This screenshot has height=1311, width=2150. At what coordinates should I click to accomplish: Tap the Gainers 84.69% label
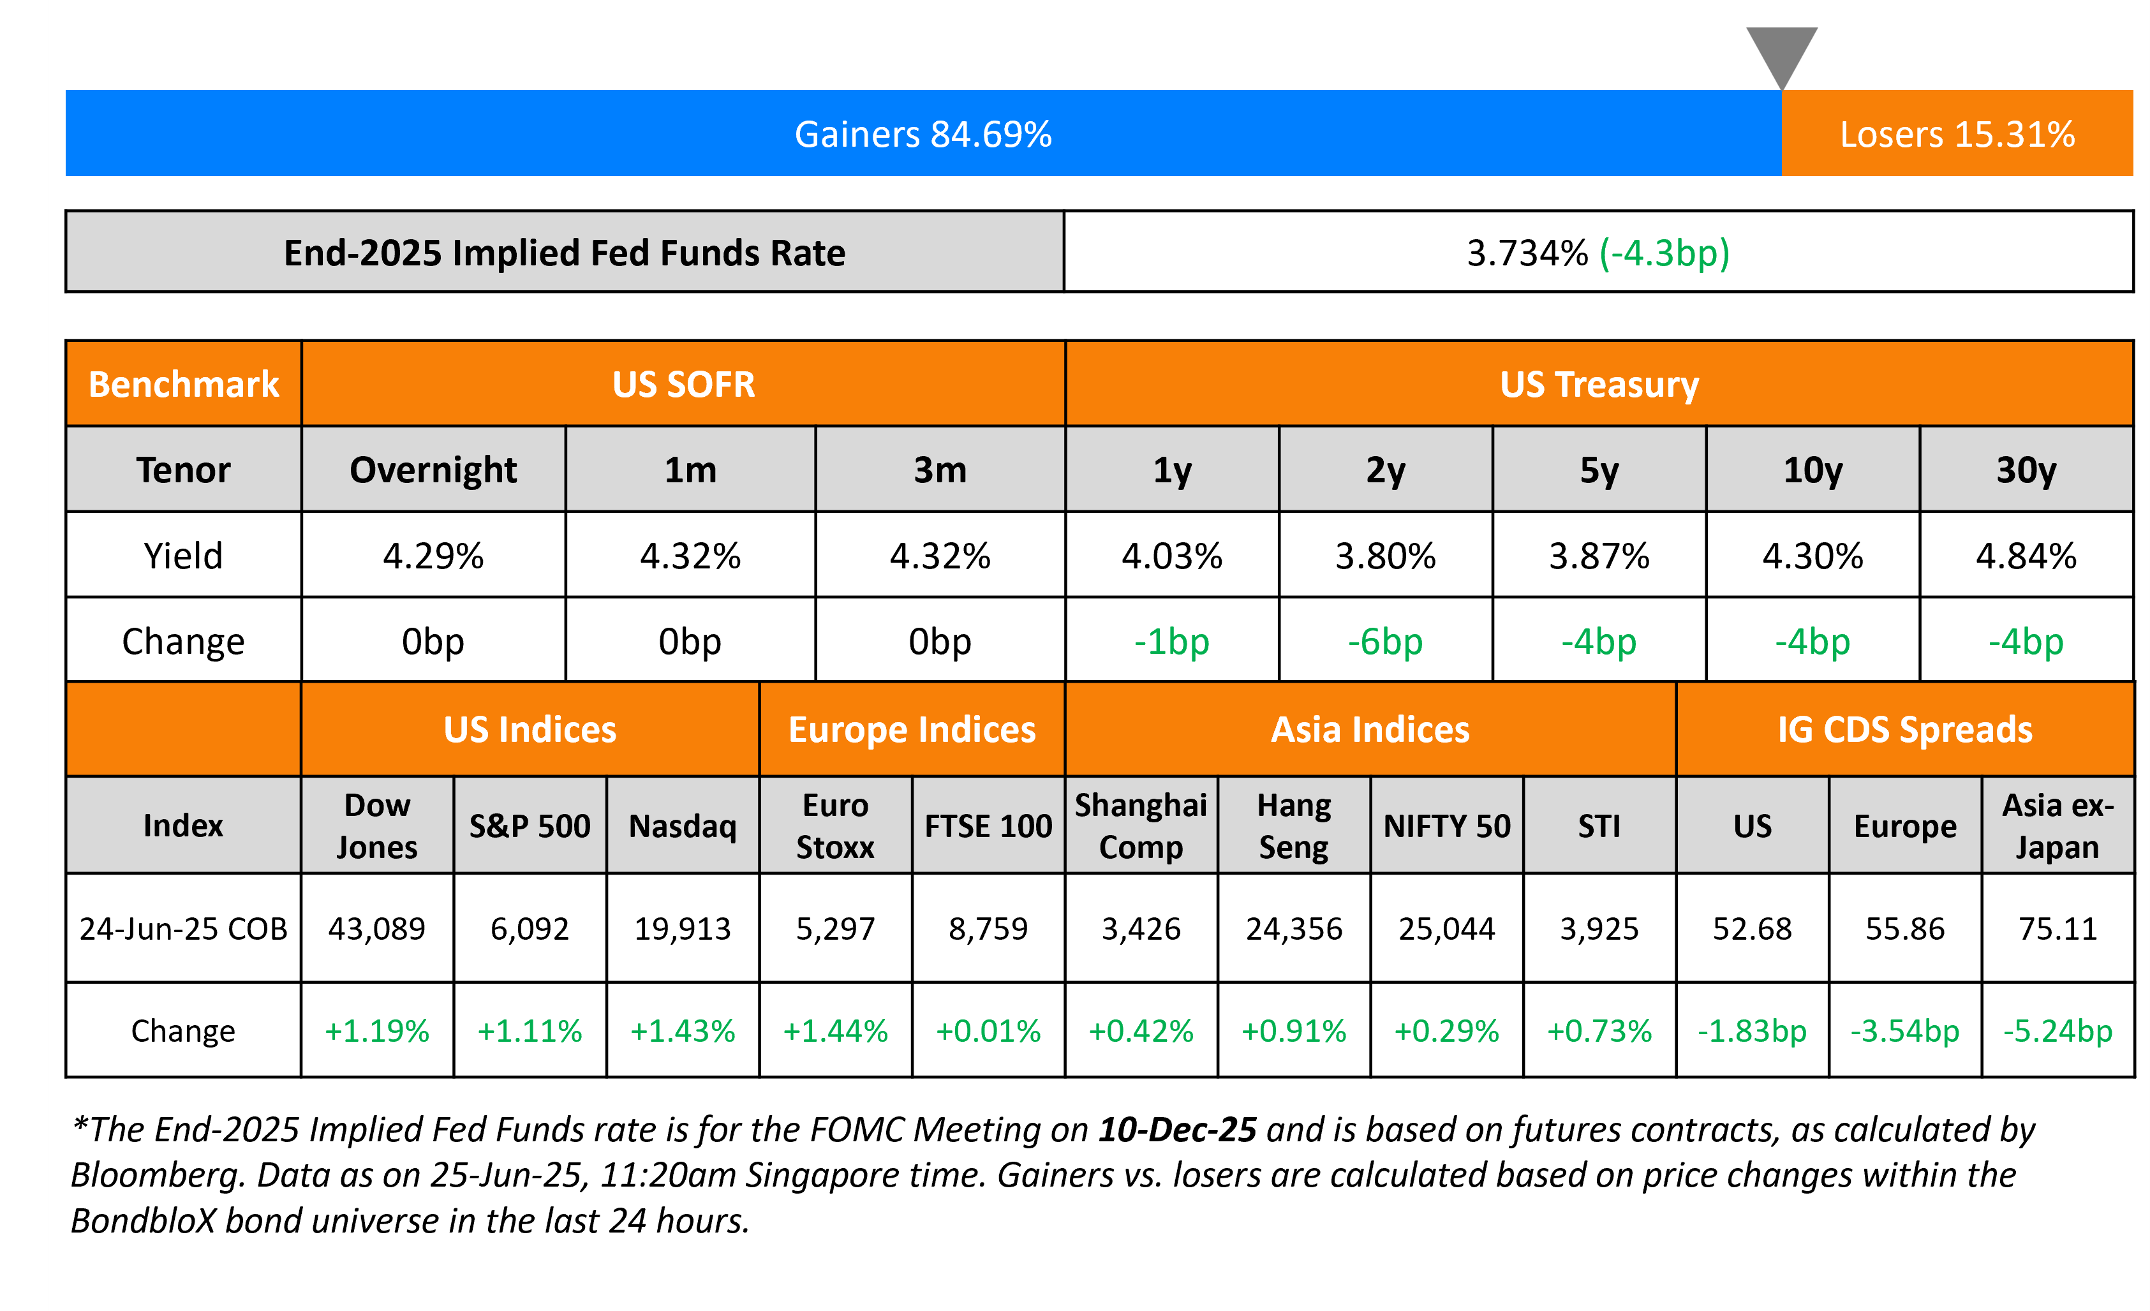(x=923, y=135)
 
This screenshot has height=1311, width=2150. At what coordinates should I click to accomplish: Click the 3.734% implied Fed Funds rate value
(x=1527, y=253)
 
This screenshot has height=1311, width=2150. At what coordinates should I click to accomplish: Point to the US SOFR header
(x=683, y=385)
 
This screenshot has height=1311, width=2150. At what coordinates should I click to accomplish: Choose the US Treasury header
(x=1599, y=385)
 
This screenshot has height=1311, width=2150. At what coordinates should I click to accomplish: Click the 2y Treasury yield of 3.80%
(x=1385, y=556)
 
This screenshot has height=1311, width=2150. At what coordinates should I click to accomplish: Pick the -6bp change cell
(x=1385, y=642)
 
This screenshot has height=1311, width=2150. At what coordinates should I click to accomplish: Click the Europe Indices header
(x=912, y=729)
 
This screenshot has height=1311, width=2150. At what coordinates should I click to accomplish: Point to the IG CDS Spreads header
(x=1905, y=729)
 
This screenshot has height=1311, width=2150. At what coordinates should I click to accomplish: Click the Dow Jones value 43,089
(x=377, y=929)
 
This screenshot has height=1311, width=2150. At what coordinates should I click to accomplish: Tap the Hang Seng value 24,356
(x=1293, y=929)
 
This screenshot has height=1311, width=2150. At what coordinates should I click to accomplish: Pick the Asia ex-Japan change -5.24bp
(x=2057, y=1031)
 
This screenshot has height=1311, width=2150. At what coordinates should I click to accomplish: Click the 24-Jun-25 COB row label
(x=183, y=929)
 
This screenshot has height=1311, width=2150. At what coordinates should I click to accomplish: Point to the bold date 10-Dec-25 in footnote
(x=1177, y=1130)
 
